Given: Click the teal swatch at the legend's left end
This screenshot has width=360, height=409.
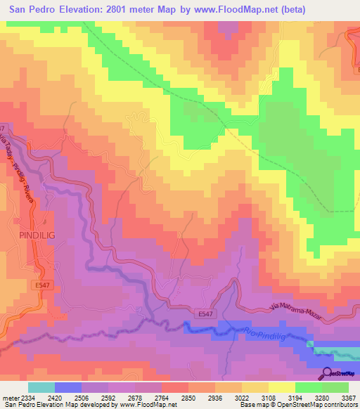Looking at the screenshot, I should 41,387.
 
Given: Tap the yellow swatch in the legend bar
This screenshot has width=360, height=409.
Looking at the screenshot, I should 281,387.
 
